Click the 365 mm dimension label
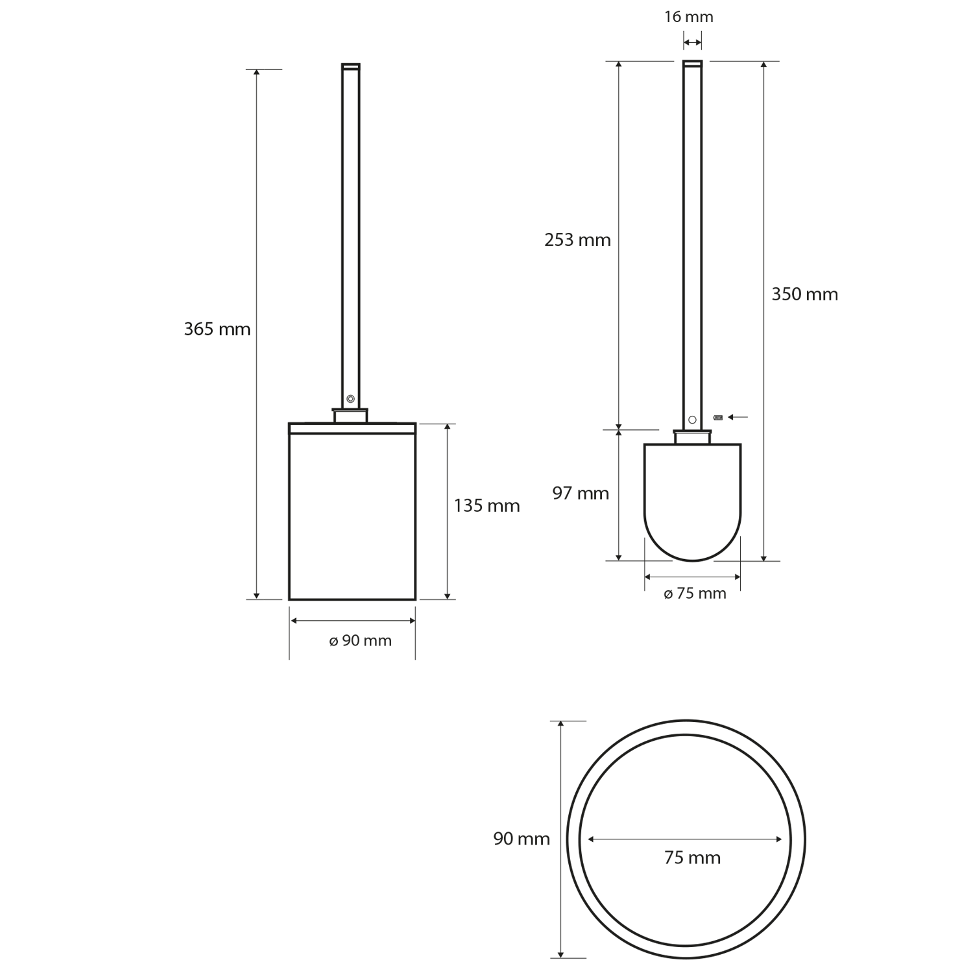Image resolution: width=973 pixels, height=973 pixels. [217, 330]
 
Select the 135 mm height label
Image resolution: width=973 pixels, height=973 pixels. [486, 505]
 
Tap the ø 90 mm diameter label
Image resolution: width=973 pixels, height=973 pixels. [360, 641]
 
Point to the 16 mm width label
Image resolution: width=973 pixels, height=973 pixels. [688, 17]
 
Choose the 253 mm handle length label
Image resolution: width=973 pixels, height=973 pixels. [577, 240]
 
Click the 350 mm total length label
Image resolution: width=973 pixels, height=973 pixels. [804, 294]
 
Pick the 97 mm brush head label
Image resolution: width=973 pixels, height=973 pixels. [581, 494]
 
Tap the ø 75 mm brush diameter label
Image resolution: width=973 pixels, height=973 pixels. [695, 594]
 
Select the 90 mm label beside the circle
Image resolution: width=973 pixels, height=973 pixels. [522, 839]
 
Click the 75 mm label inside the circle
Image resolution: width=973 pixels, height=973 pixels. [692, 858]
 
